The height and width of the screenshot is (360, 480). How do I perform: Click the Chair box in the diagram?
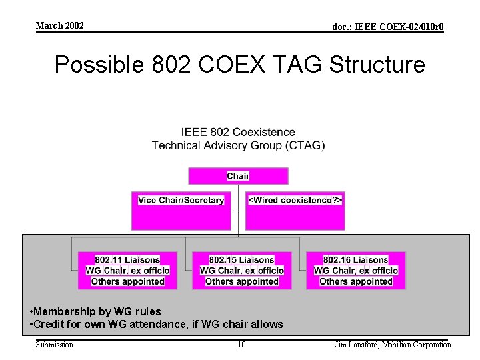pyautogui.click(x=238, y=176)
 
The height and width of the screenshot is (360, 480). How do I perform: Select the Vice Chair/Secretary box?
pyautogui.click(x=181, y=200)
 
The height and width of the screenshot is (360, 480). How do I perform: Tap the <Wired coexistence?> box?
pyautogui.click(x=295, y=200)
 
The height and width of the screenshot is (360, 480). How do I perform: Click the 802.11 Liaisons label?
pyautogui.click(x=127, y=260)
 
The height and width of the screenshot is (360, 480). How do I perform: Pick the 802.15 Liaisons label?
pyautogui.click(x=242, y=260)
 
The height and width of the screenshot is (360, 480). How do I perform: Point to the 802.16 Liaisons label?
pyautogui.click(x=356, y=260)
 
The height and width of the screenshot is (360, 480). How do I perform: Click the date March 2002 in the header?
pyautogui.click(x=59, y=26)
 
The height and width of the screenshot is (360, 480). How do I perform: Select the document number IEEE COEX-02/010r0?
pyautogui.click(x=388, y=27)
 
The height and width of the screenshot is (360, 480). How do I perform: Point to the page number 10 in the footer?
pyautogui.click(x=242, y=345)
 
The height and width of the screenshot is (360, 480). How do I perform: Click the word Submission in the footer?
pyautogui.click(x=55, y=345)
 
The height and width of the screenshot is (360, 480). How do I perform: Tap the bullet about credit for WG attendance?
pyautogui.click(x=157, y=324)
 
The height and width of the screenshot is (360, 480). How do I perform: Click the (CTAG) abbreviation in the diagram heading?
pyautogui.click(x=303, y=145)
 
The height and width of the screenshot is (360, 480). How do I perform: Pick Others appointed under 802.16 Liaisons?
pyautogui.click(x=356, y=281)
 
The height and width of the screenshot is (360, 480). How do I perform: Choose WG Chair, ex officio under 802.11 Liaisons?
pyautogui.click(x=127, y=271)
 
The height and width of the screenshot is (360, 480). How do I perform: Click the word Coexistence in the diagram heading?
pyautogui.click(x=263, y=132)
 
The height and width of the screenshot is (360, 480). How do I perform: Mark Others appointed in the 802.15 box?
pyautogui.click(x=242, y=281)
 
